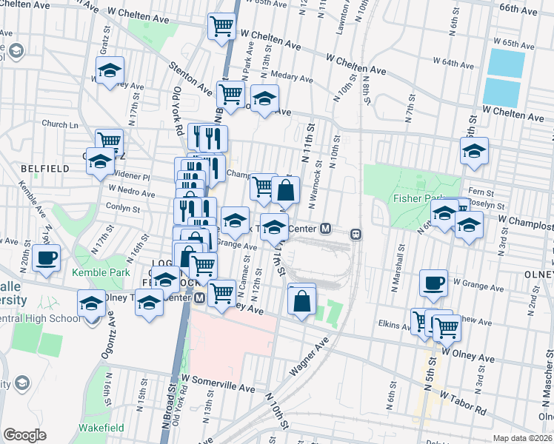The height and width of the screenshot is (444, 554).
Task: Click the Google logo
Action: point(24,434)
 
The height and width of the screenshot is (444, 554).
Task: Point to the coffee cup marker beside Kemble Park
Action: point(47,259)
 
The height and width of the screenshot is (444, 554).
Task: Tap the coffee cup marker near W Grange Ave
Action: point(433,282)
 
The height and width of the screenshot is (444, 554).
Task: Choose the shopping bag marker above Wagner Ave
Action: point(301,301)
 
